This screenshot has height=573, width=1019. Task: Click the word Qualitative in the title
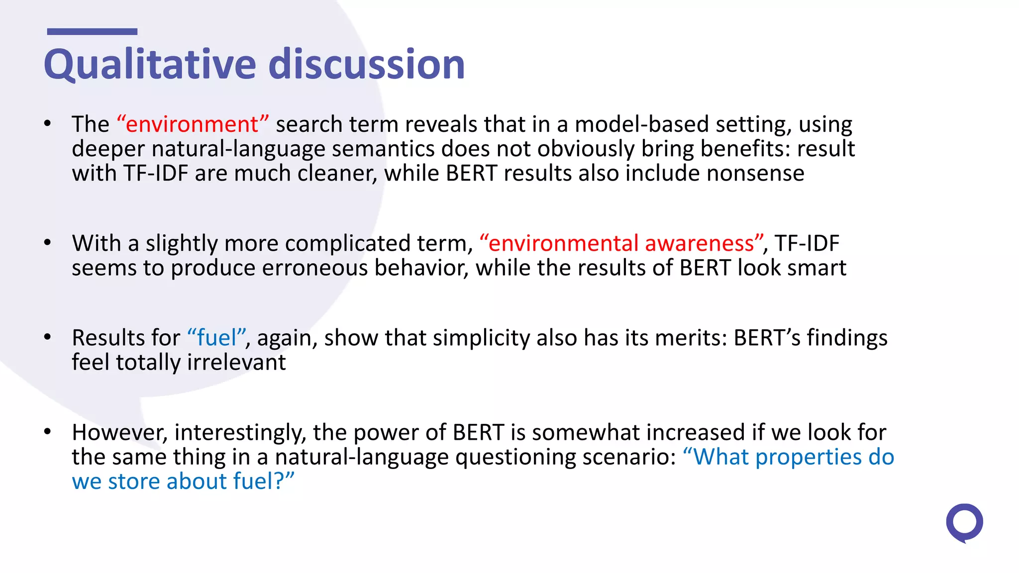(149, 65)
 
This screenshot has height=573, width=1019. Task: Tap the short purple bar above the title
(92, 32)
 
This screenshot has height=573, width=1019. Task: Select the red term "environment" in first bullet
(193, 124)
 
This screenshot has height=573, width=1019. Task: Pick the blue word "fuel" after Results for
(216, 338)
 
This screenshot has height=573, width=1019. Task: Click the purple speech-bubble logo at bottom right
(964, 523)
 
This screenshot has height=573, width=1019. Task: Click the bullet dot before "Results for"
(47, 337)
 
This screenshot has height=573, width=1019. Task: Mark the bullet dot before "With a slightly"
(47, 243)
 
